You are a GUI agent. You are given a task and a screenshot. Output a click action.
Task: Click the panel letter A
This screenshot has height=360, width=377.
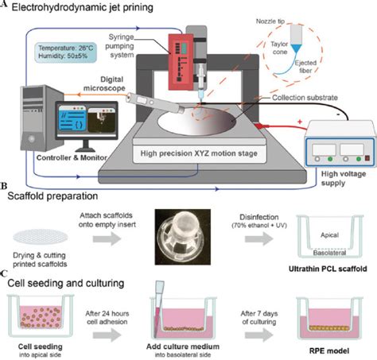tap(5, 6)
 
